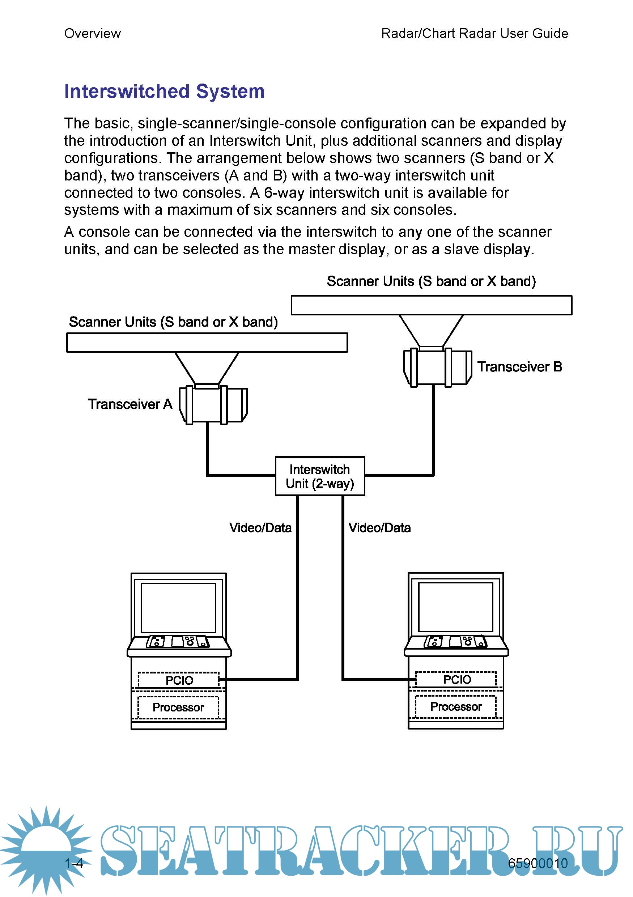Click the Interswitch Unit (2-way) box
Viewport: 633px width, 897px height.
(x=320, y=476)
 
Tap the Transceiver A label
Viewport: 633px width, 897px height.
(x=130, y=404)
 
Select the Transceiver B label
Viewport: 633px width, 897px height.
(x=519, y=367)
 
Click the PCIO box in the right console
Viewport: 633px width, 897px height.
(x=456, y=679)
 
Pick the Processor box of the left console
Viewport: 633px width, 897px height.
(x=178, y=707)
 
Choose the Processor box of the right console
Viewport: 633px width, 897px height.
(x=456, y=706)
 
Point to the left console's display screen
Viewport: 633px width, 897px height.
(x=179, y=608)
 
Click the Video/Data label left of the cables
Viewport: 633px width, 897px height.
(x=260, y=528)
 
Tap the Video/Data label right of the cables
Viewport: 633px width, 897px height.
(x=379, y=528)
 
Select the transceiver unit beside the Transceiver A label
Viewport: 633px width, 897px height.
(x=213, y=404)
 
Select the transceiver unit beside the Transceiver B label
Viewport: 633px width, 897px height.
(x=437, y=367)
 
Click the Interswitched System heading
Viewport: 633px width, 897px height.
(x=164, y=92)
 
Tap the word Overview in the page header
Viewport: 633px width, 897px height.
(x=92, y=34)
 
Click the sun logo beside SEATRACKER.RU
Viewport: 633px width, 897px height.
(x=46, y=848)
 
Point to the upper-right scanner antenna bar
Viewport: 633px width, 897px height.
(x=432, y=305)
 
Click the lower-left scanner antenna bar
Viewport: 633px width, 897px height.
(x=207, y=343)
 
